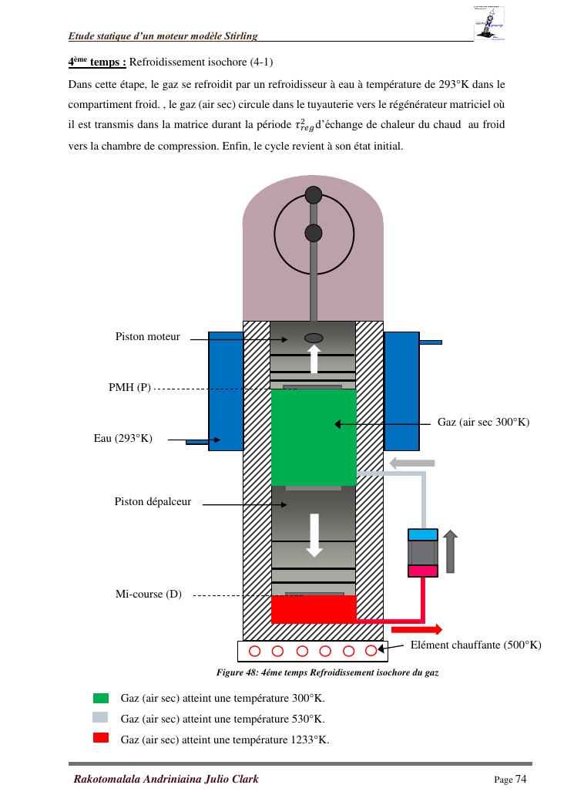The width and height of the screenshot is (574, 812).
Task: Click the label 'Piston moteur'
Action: coord(147,336)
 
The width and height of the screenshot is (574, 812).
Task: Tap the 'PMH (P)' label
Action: coord(129,387)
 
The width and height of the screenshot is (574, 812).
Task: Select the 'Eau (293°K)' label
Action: coord(123,438)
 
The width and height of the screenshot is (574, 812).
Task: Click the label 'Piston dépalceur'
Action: coord(153,502)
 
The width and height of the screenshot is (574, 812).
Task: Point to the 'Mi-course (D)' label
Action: coord(149,594)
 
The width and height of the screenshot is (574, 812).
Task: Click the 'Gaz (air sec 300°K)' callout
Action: coord(483,423)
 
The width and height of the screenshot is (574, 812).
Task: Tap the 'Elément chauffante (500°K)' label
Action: coord(475,645)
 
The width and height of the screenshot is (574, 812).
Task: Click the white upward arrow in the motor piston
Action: coord(314,359)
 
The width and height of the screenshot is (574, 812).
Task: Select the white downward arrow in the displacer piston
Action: coord(314,534)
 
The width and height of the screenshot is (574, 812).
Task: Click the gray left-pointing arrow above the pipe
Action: coord(412,463)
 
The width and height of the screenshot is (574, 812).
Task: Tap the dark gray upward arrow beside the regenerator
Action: coord(450,551)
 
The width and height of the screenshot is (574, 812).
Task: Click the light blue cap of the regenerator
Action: coord(422,534)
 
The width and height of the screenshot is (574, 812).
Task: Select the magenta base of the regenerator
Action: coord(422,571)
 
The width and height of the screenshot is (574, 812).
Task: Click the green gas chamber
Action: coord(314,436)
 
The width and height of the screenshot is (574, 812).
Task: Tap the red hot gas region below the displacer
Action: coord(314,609)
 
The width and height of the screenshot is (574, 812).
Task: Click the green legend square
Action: coord(101,698)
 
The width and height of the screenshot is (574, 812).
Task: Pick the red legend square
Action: coord(101,739)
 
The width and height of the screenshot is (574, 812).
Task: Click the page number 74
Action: coord(521,779)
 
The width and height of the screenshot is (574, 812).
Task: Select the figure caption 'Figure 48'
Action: coord(327,672)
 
